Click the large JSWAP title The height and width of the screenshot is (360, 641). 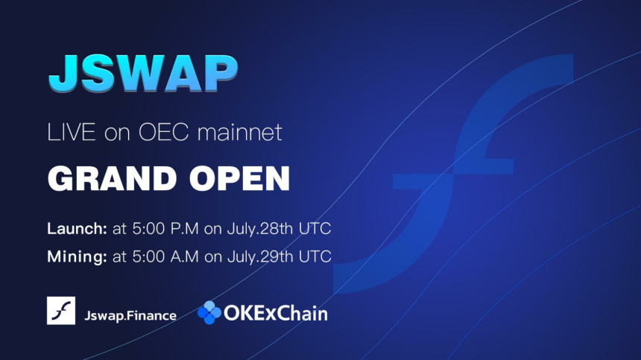pyautogui.click(x=143, y=74)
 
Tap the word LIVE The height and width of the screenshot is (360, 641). pyautogui.click(x=72, y=132)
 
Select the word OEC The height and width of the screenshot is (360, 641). pyautogui.click(x=163, y=132)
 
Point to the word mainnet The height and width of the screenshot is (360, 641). pyautogui.click(x=239, y=132)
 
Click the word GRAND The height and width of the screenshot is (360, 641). pyautogui.click(x=112, y=179)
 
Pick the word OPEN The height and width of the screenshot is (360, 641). pyautogui.click(x=239, y=179)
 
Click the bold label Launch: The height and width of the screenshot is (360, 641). pyautogui.click(x=77, y=228)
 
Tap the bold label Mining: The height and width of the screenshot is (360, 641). pyautogui.click(x=77, y=256)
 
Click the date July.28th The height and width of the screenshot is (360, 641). pyautogui.click(x=260, y=228)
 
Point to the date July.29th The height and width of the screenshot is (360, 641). pyautogui.click(x=260, y=256)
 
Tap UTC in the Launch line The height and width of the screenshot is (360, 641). pyautogui.click(x=315, y=228)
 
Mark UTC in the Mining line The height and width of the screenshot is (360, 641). pyautogui.click(x=315, y=256)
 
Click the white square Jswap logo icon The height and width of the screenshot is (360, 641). pyautogui.click(x=61, y=311)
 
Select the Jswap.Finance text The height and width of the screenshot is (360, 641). pyautogui.click(x=130, y=315)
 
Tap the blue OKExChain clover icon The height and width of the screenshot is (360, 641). pyautogui.click(x=209, y=312)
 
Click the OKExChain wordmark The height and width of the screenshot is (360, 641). pyautogui.click(x=276, y=314)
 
